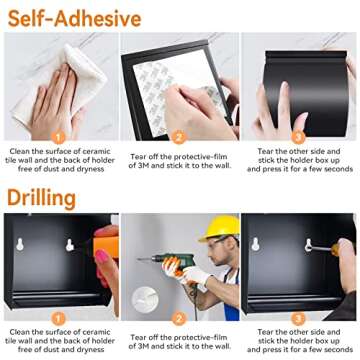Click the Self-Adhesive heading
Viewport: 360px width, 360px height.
pos(74,19)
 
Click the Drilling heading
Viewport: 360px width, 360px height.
pos(42,199)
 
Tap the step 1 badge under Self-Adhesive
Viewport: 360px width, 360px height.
pos(58,137)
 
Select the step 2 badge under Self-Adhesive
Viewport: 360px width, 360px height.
pos(179,137)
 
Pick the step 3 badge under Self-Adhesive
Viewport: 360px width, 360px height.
pos(298,137)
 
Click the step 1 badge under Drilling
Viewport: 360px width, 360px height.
pos(58,319)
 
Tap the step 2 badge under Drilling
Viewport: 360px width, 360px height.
pos(179,319)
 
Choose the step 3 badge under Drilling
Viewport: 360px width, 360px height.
pos(298,319)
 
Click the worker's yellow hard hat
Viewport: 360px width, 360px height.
pos(220,228)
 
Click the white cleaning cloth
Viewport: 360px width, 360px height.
pos(60,85)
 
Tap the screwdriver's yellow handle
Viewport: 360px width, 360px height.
pos(335,249)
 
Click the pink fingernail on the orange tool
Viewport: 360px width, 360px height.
pos(102,257)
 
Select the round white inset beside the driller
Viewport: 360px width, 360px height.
pos(145,300)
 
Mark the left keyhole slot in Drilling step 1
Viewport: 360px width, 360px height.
pos(20,244)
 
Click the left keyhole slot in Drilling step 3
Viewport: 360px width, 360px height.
pos(256,244)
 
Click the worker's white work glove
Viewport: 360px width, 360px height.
pos(197,275)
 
